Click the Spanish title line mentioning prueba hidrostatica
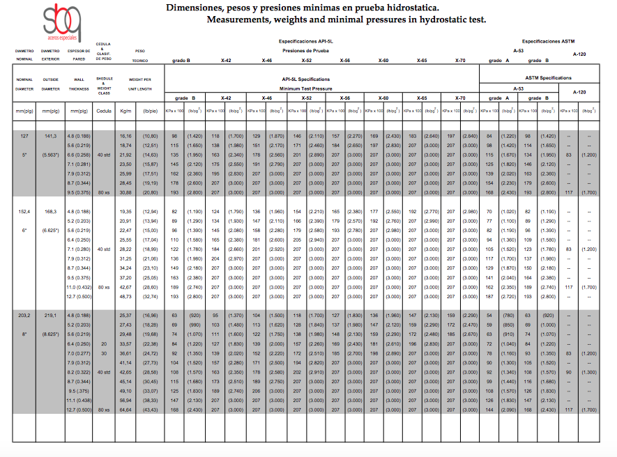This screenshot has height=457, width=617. point(303,8)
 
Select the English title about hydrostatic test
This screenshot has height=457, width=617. point(346,20)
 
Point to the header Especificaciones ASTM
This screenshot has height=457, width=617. point(547,42)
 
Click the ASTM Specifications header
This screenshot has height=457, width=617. point(548,78)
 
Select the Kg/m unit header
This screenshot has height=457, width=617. point(125,111)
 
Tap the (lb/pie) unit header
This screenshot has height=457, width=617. point(150,111)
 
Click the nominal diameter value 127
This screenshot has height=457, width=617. point(24,136)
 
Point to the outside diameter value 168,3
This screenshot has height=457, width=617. point(49,211)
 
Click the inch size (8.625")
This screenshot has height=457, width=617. point(49,334)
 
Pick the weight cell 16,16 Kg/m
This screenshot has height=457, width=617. point(125,136)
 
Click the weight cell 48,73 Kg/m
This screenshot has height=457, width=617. point(125,296)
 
